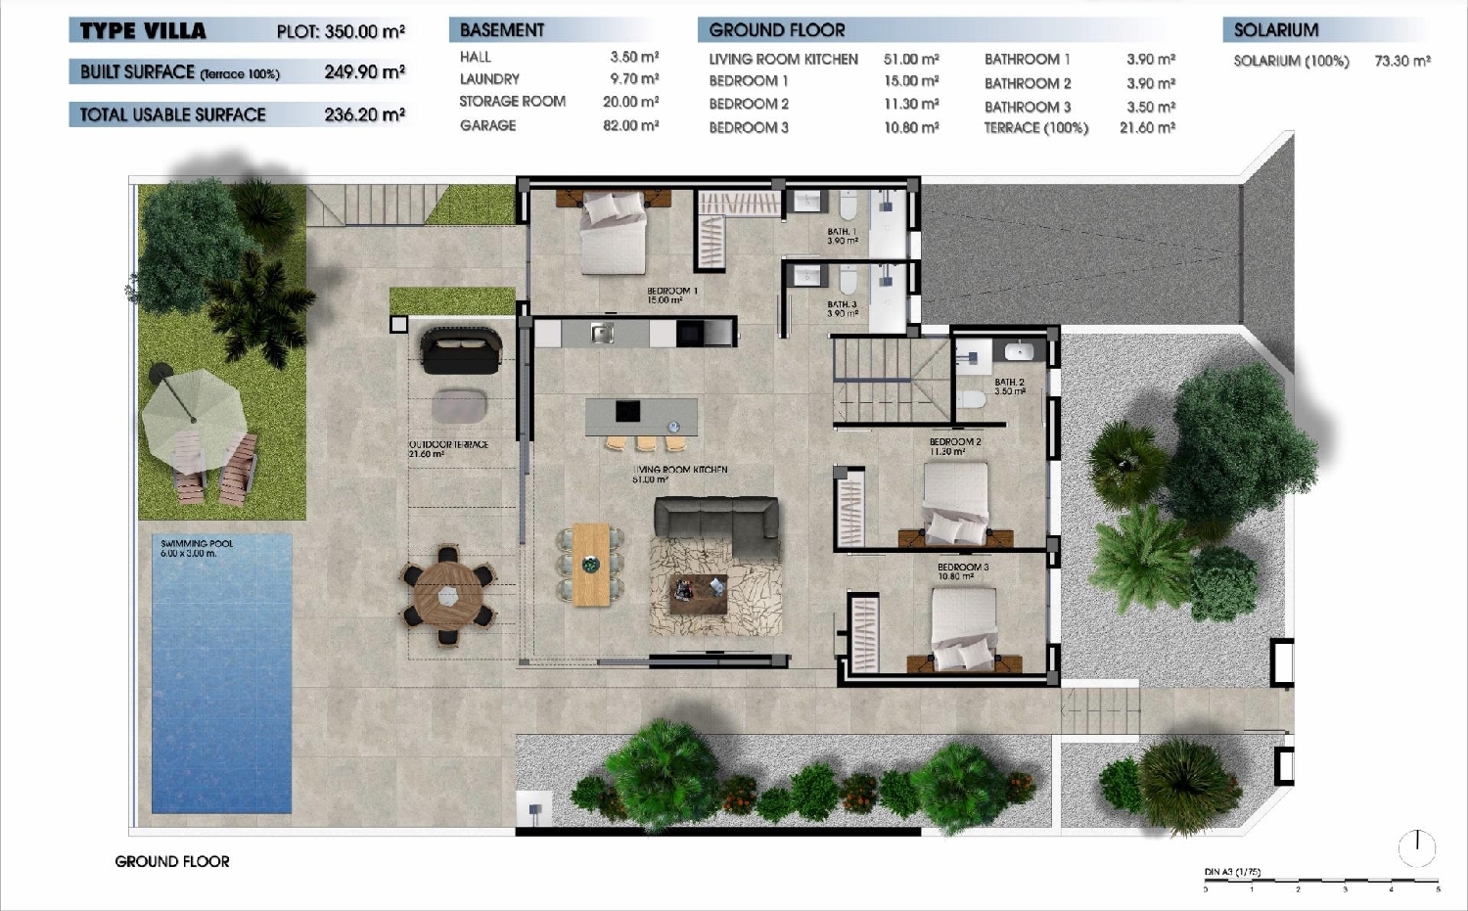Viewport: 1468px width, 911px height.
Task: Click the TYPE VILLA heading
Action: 143,31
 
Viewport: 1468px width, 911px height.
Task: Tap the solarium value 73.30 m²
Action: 1401,61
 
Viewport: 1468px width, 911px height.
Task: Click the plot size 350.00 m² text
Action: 341,31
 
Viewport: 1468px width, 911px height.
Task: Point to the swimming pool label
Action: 197,548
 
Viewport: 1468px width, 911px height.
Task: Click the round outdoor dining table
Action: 448,594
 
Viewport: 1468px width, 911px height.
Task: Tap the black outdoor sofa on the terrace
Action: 461,350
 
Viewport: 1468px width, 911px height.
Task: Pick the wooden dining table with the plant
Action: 591,565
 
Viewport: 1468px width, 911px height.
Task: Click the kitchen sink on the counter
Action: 602,334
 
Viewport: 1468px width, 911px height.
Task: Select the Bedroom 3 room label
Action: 962,571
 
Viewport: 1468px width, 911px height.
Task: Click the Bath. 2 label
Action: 1009,387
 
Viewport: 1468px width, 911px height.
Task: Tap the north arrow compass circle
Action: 1416,847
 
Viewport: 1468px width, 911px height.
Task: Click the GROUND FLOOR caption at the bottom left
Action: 172,861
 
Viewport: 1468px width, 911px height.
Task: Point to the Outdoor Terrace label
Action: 447,449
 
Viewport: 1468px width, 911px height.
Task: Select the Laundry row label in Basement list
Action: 489,79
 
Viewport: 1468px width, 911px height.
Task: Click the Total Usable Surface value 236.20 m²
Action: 364,114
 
